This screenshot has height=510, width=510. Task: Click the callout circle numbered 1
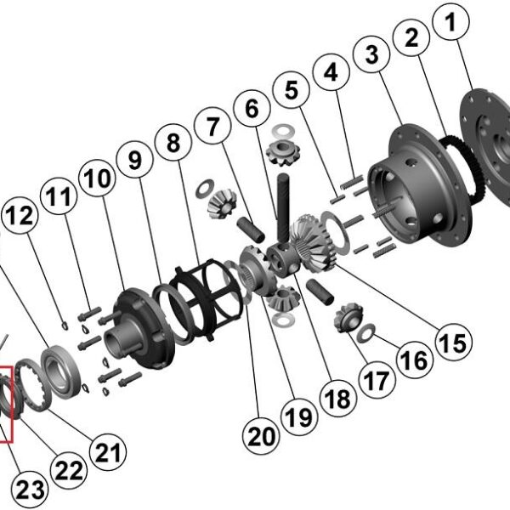click(450, 22)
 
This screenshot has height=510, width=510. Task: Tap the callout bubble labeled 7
click(212, 126)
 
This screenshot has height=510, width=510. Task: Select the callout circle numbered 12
click(20, 215)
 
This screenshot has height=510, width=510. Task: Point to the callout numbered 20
click(262, 436)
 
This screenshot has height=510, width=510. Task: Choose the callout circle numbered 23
click(30, 490)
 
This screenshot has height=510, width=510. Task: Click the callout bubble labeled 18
click(338, 398)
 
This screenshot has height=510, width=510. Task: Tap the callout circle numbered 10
click(97, 178)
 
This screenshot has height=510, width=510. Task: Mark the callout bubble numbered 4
click(331, 71)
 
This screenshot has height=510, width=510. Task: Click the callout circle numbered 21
click(108, 452)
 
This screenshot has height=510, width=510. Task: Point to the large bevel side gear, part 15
click(314, 242)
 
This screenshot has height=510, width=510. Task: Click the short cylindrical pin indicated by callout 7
click(251, 230)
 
